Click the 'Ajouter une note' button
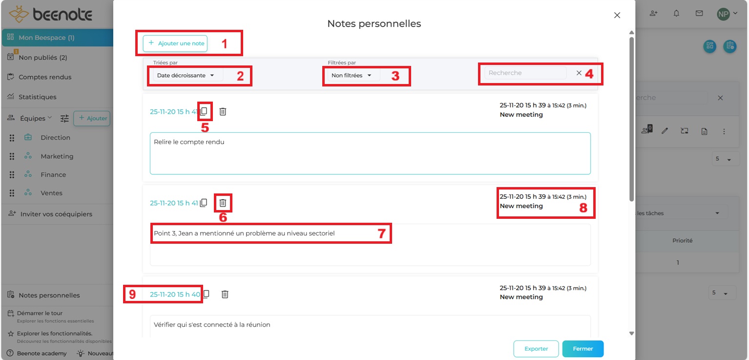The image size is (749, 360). pyautogui.click(x=175, y=43)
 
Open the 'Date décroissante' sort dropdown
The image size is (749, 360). pyautogui.click(x=186, y=76)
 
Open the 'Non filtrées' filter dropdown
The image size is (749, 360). pyautogui.click(x=352, y=76)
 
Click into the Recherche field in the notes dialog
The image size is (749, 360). pyautogui.click(x=525, y=73)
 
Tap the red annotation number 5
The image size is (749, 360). pyautogui.click(x=205, y=128)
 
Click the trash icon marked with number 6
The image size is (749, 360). pyautogui.click(x=223, y=203)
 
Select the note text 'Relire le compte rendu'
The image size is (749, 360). pyautogui.click(x=189, y=142)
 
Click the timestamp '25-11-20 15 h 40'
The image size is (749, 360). pyautogui.click(x=175, y=295)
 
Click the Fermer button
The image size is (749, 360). pyautogui.click(x=583, y=349)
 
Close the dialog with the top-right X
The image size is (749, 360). pyautogui.click(x=617, y=15)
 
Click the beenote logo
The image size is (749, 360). pyautogui.click(x=51, y=15)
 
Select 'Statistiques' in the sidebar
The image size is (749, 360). pyautogui.click(x=38, y=97)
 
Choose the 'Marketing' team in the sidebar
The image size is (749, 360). pyautogui.click(x=57, y=156)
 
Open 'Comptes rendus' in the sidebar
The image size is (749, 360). pyautogui.click(x=45, y=77)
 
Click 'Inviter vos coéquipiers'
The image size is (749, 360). pyautogui.click(x=56, y=214)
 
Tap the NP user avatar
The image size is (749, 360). pyautogui.click(x=723, y=14)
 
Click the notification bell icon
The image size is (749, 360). pyautogui.click(x=676, y=14)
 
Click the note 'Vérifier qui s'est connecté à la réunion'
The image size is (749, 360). pyautogui.click(x=212, y=325)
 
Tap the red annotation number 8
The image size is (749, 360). pyautogui.click(x=583, y=208)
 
